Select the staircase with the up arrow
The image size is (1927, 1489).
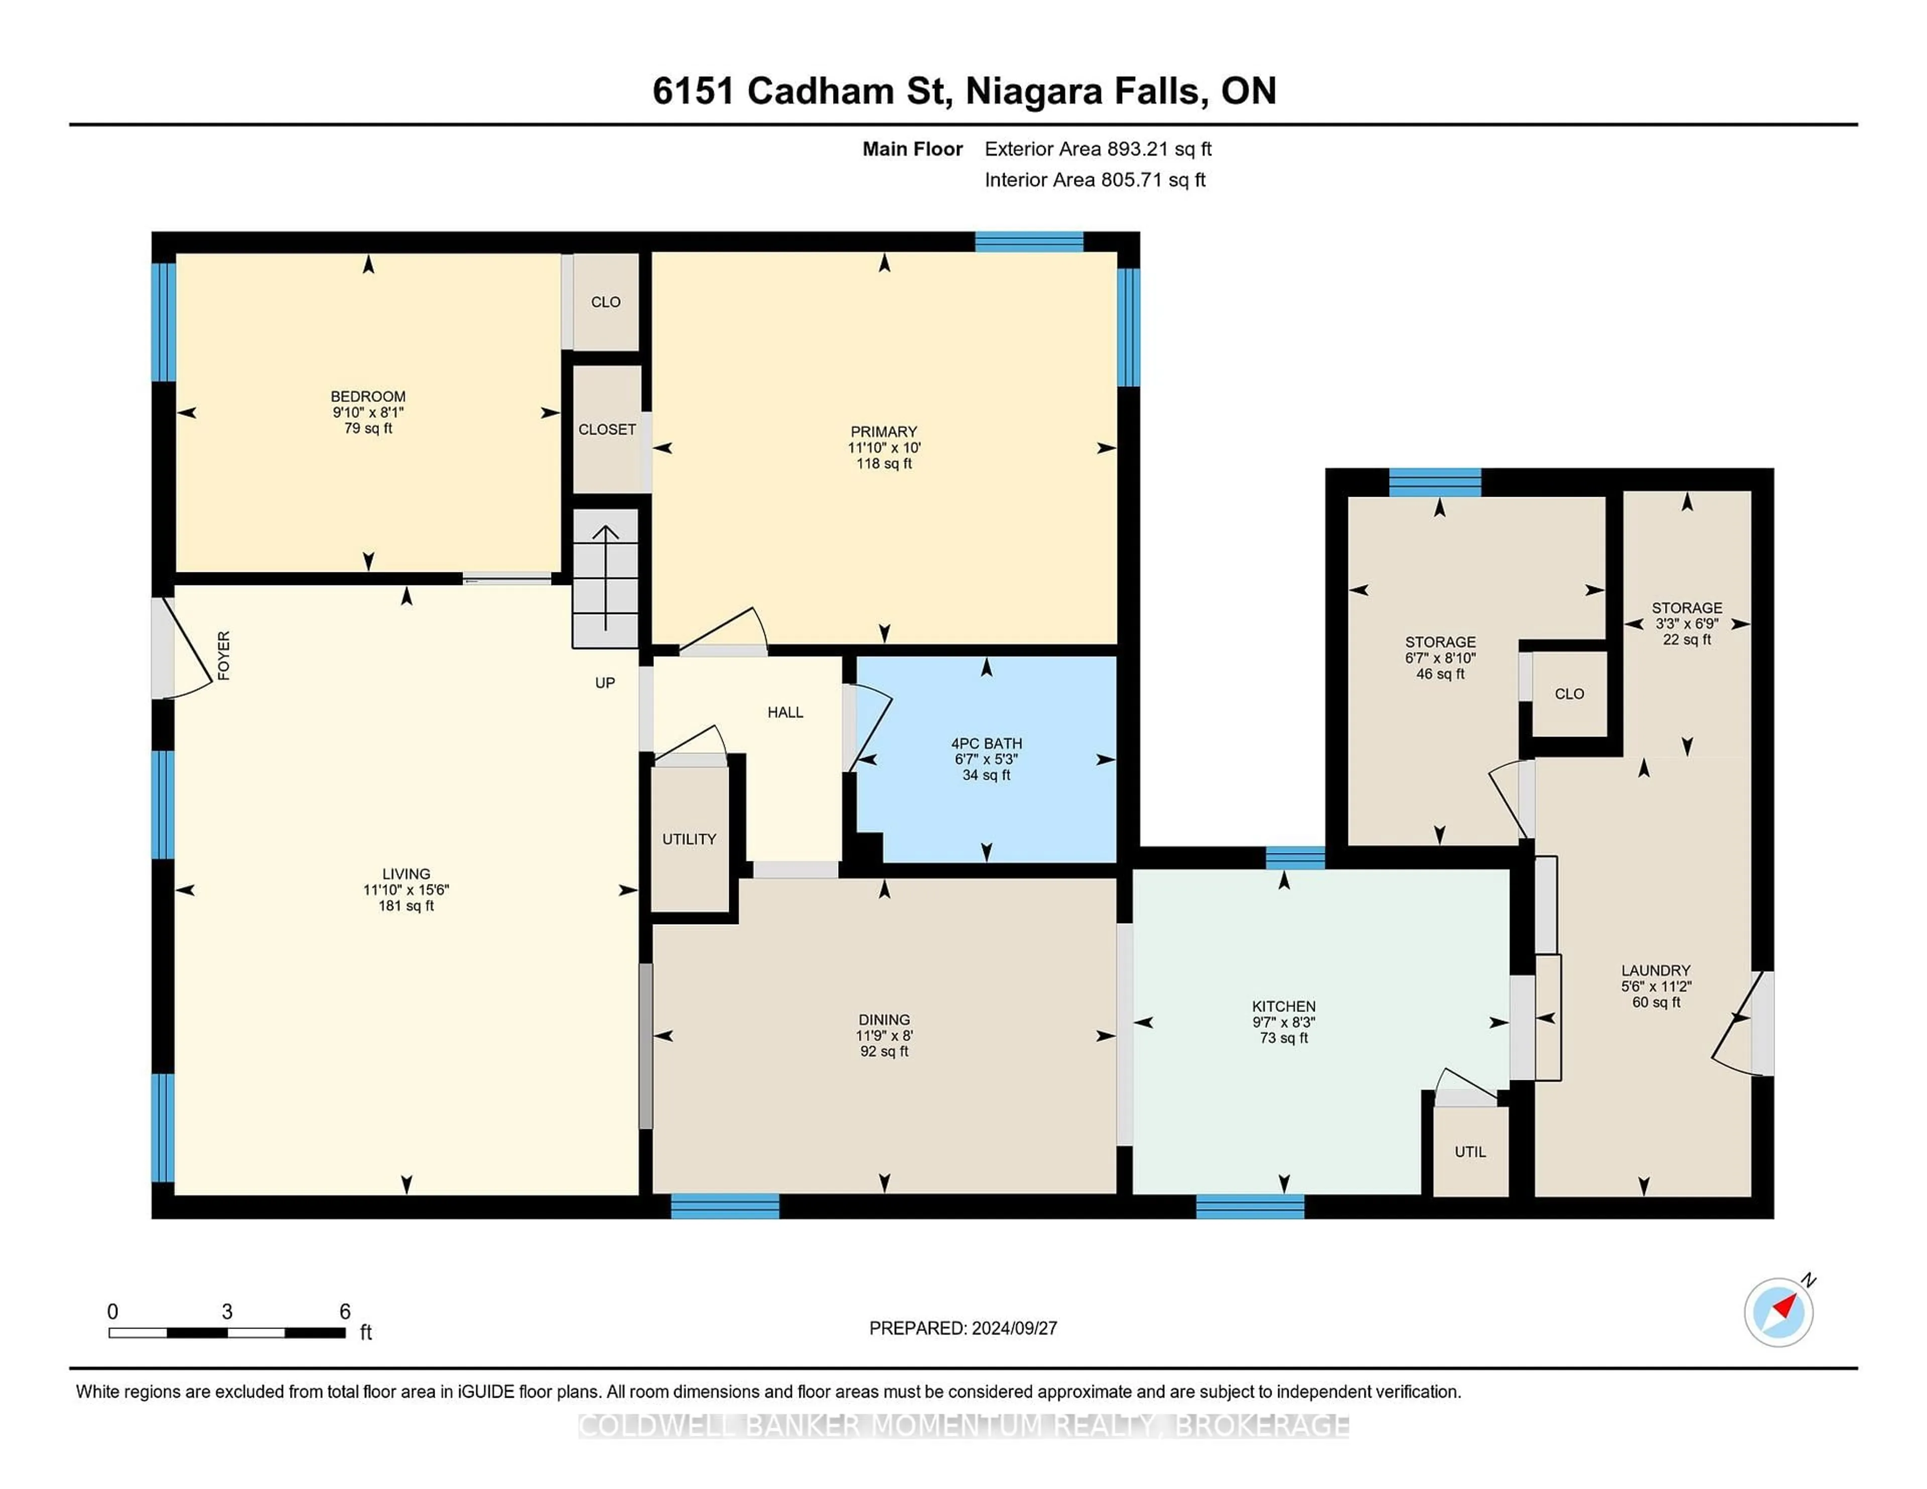click(605, 578)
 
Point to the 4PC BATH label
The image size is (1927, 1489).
click(987, 743)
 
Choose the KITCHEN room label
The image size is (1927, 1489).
click(1284, 1006)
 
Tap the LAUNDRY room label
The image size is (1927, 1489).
click(1656, 970)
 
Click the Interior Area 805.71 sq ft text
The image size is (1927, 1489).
click(1095, 180)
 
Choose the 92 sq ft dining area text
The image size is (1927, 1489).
click(884, 1052)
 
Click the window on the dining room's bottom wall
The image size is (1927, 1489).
click(725, 1206)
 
